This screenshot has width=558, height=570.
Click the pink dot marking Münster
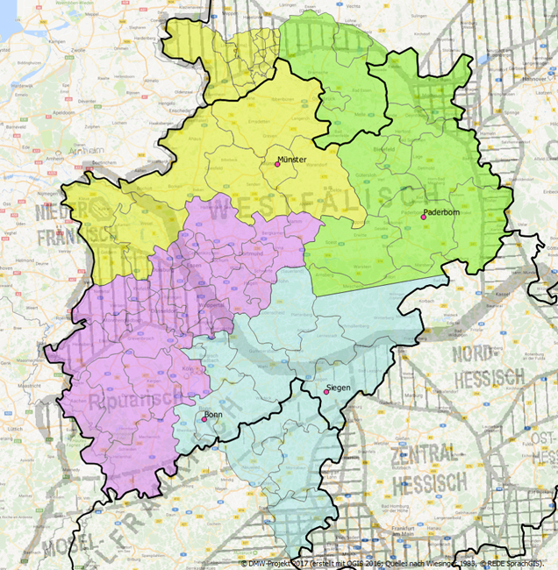277,165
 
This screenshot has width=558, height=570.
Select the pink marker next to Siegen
326,392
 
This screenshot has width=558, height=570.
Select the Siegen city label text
339,387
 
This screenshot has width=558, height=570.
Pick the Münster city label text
291,160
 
